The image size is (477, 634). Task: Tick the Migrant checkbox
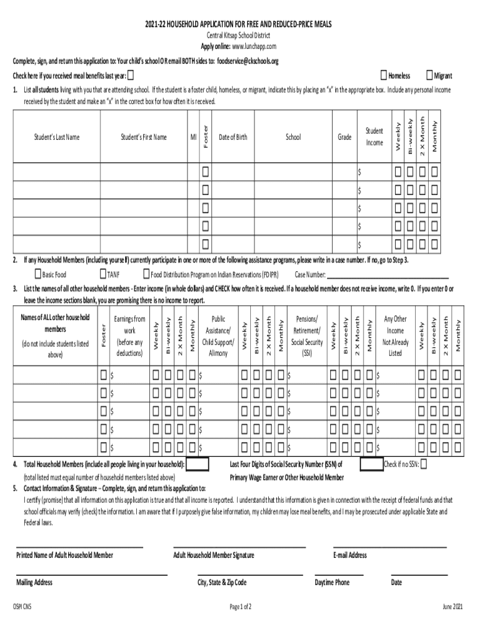coord(429,76)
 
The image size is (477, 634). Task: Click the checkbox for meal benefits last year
coord(130,76)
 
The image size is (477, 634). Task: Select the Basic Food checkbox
coord(38,274)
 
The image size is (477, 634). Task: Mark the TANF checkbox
coord(103,274)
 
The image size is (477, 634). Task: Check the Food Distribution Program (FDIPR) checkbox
coord(147,274)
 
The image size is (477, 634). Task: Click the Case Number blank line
coord(387,276)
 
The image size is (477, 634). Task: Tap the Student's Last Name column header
coord(56,137)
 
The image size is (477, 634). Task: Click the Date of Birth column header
coord(233,137)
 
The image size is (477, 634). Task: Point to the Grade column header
coord(344,137)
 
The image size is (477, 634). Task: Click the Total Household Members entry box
coord(197,464)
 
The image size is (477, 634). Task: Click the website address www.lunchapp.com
coord(254,46)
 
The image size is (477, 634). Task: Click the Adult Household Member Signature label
coord(214,555)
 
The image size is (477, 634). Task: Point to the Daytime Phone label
coord(332,583)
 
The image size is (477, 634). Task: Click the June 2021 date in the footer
coord(452,607)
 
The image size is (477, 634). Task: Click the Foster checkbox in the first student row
coord(205,171)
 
